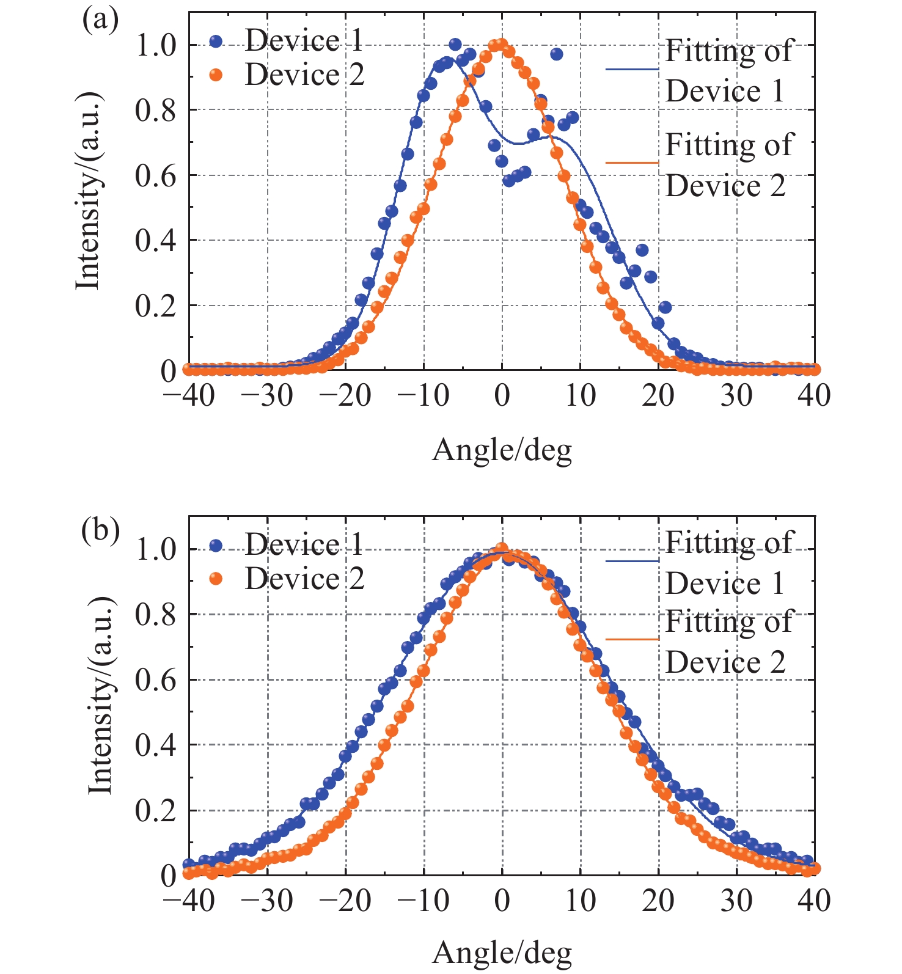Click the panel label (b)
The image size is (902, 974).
pos(100,530)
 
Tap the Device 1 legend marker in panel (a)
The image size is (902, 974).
pos(216,42)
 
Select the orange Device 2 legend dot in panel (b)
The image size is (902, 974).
pos(216,578)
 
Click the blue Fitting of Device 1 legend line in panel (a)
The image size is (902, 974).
pos(632,70)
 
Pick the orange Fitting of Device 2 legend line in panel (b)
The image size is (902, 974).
pos(632,639)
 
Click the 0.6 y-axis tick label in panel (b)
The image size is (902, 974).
pos(155,680)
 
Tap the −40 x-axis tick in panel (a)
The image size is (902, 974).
pos(189,396)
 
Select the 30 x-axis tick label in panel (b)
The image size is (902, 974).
pos(736,900)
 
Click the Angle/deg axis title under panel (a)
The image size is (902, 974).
pos(502,451)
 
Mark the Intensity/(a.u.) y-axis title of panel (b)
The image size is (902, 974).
pos(101,695)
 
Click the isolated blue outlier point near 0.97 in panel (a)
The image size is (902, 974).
pos(556,54)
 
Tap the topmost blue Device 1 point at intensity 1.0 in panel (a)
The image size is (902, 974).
pos(455,45)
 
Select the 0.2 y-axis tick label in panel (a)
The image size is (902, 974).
pos(155,306)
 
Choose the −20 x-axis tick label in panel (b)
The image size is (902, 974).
pos(345,900)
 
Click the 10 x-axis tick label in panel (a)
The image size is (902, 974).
pos(580,396)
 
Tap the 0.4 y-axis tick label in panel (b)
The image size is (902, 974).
pos(155,745)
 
